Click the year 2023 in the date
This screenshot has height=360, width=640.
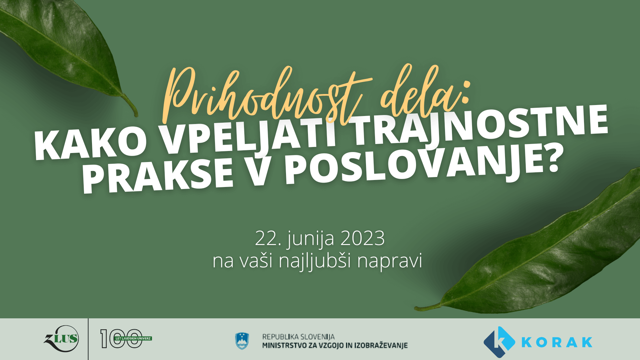click(x=363, y=238)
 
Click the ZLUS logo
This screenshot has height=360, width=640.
click(x=61, y=339)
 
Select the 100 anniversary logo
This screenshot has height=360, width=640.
click(x=126, y=339)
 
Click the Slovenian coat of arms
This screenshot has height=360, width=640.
click(x=242, y=341)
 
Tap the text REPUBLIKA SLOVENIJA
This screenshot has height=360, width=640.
click(x=298, y=337)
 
